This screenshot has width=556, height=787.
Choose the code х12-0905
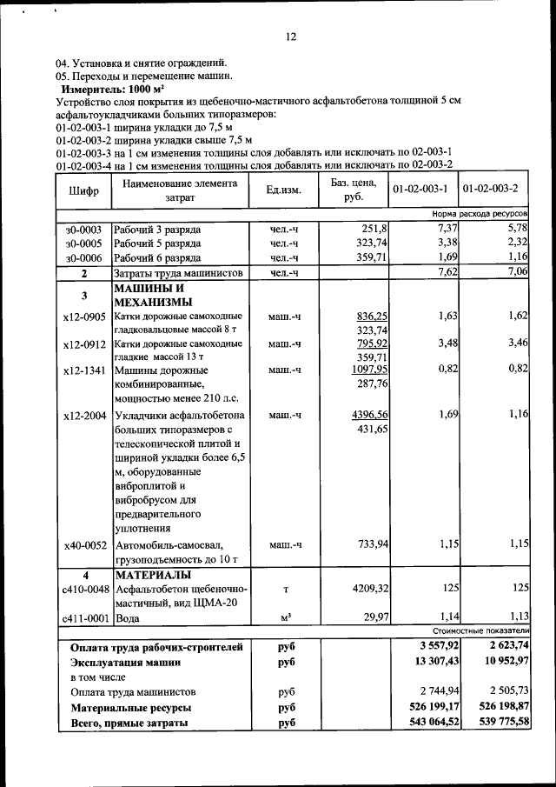tap(84, 317)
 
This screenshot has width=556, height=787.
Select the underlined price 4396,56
tap(369, 415)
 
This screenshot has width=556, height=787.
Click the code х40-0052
tap(84, 545)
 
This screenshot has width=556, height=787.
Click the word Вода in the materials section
tap(128, 618)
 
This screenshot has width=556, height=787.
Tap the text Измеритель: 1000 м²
tap(112, 90)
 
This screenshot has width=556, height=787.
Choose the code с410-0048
tap(84, 590)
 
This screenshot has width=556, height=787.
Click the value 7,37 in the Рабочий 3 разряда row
tap(446, 229)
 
